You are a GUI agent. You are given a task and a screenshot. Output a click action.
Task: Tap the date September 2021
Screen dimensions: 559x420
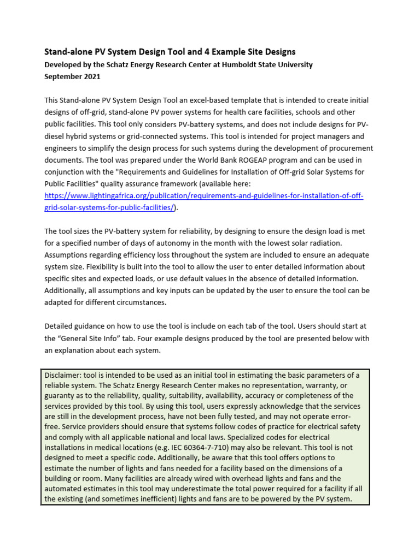(72, 77)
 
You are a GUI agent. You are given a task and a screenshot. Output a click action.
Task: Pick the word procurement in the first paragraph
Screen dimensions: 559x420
(349, 148)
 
